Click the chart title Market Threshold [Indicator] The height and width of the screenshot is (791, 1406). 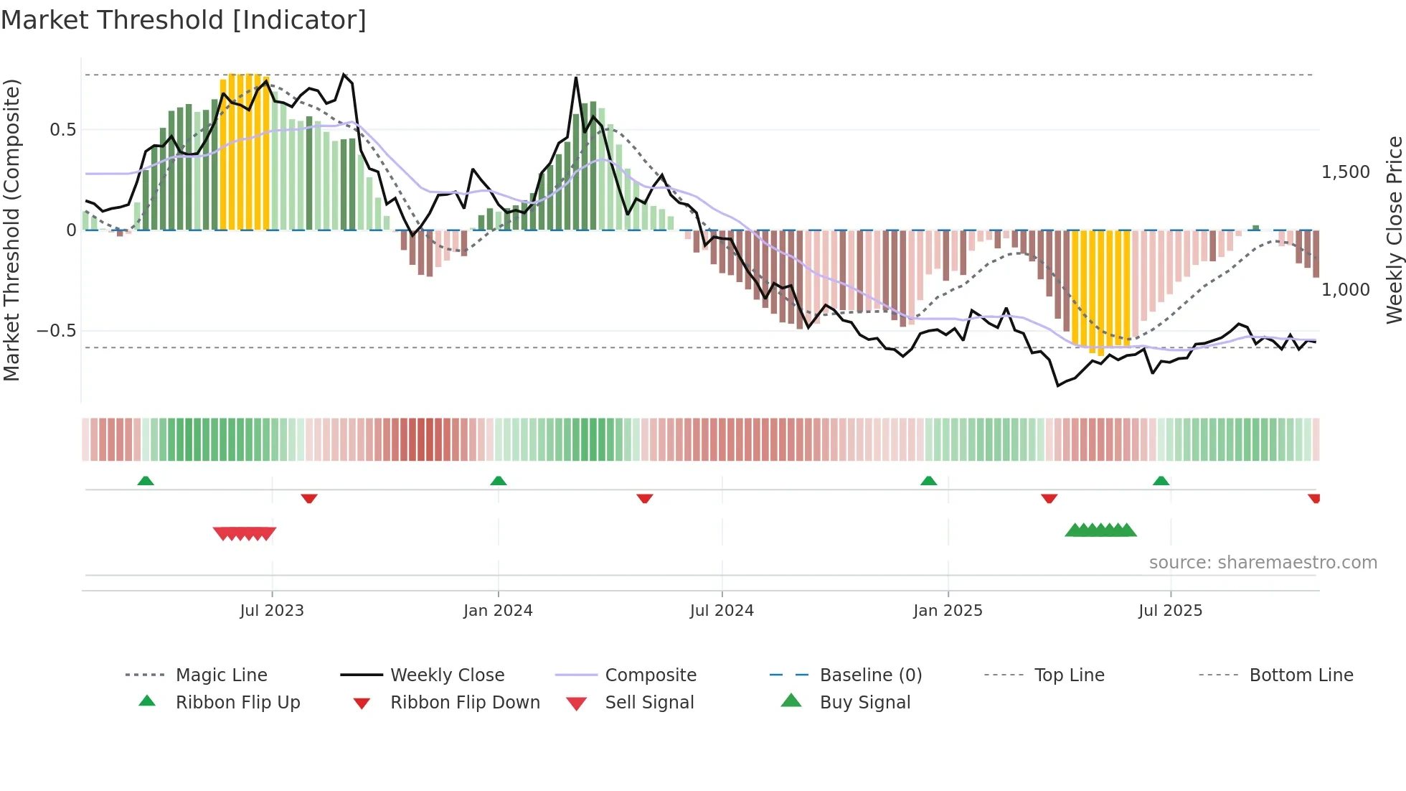pyautogui.click(x=184, y=20)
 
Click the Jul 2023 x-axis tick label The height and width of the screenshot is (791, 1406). pyautogui.click(x=272, y=611)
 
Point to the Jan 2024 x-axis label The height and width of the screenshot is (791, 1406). pyautogui.click(x=498, y=611)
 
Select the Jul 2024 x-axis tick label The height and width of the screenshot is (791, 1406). pyautogui.click(x=722, y=611)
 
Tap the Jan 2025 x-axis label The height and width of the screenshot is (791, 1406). pyautogui.click(x=948, y=611)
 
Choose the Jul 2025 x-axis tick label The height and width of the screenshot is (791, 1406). pyautogui.click(x=1170, y=611)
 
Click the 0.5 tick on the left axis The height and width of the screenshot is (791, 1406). pyautogui.click(x=62, y=130)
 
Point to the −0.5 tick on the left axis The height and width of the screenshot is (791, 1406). pyautogui.click(x=56, y=331)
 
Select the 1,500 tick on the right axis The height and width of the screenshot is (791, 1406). pyautogui.click(x=1346, y=172)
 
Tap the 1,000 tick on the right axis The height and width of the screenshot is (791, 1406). pyautogui.click(x=1346, y=290)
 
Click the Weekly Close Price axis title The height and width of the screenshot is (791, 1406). pyautogui.click(x=1394, y=230)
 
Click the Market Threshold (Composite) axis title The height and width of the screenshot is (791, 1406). pyautogui.click(x=11, y=230)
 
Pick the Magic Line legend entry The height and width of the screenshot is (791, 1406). pyautogui.click(x=221, y=675)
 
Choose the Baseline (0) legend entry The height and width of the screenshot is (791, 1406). pyautogui.click(x=870, y=675)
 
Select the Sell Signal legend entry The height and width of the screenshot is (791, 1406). pyautogui.click(x=649, y=703)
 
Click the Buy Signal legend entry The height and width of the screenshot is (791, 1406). pyautogui.click(x=864, y=703)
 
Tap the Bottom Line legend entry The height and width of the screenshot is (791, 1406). pyautogui.click(x=1301, y=675)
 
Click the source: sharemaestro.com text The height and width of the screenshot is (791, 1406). pyautogui.click(x=1263, y=563)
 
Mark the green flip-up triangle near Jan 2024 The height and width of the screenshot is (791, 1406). pyautogui.click(x=499, y=481)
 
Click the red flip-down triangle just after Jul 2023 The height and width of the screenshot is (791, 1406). pyautogui.click(x=309, y=498)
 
